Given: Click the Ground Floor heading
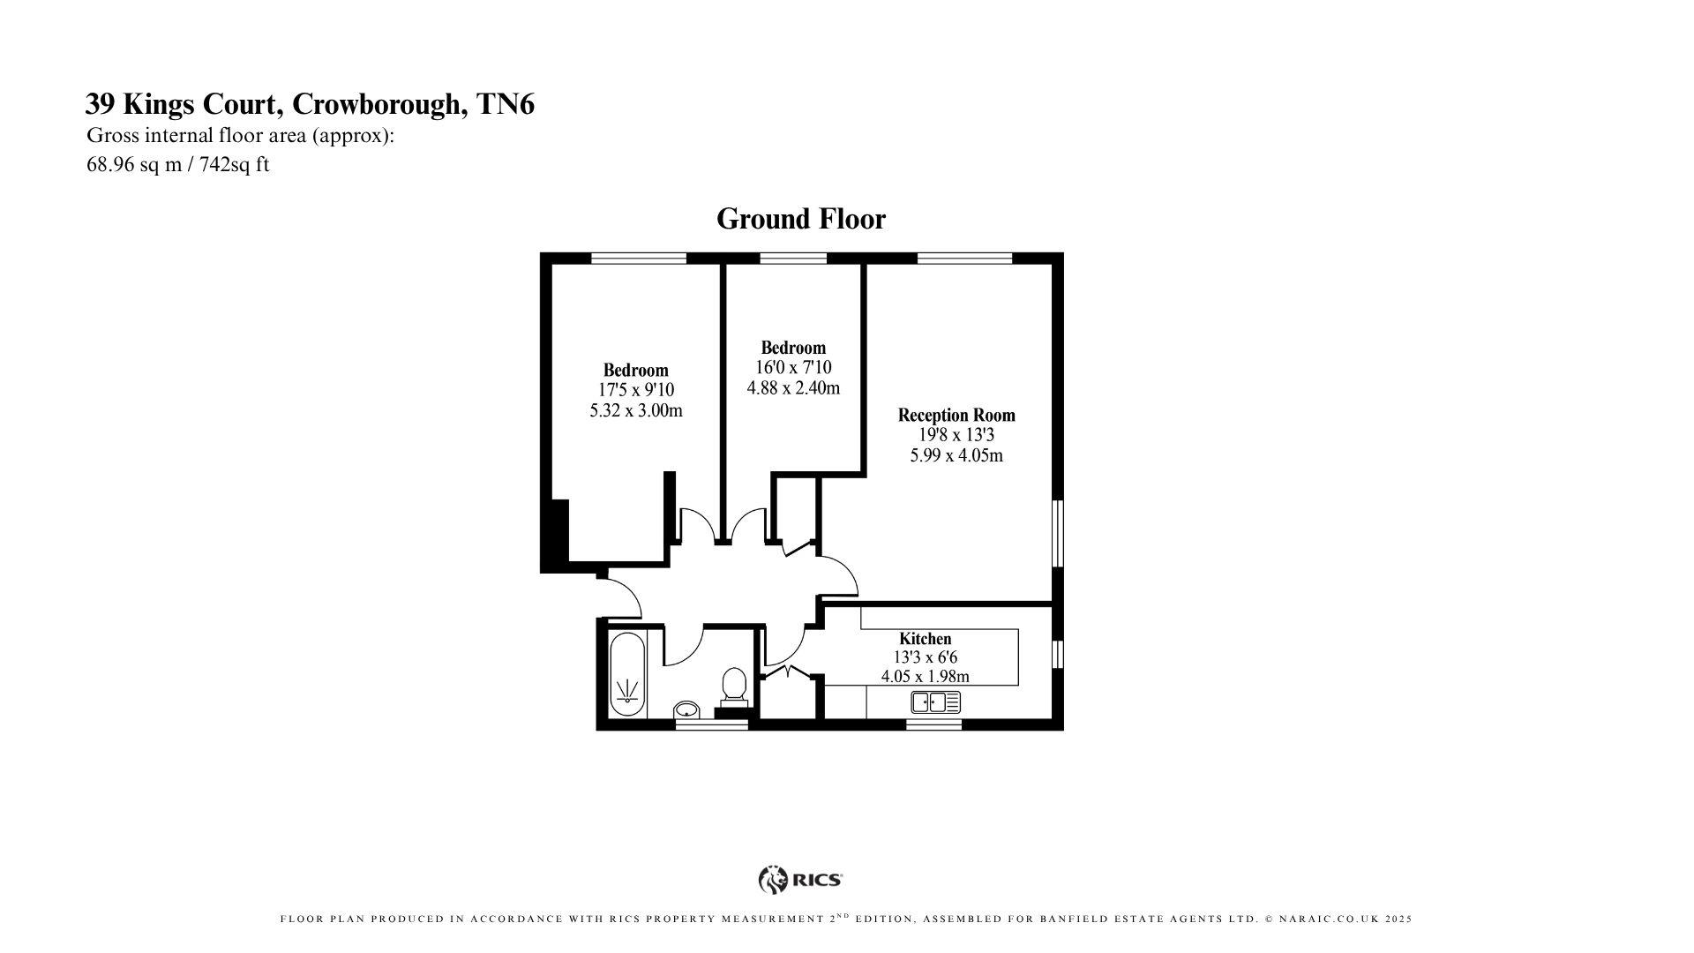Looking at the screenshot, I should pos(800,219).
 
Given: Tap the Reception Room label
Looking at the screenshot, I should pos(956,415).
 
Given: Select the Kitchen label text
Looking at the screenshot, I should pos(925,638).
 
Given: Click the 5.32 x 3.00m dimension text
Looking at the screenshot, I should pos(635,410).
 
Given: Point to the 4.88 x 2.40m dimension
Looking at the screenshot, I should pos(793,387).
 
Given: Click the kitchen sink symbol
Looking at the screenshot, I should pos(935,702).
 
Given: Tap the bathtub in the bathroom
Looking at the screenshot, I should pos(628,674).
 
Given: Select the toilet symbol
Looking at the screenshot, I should pos(734,687).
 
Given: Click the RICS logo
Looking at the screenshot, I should pos(800,879).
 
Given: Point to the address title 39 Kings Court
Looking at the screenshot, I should pos(309,104).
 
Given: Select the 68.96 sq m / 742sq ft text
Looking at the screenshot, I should pos(177,164).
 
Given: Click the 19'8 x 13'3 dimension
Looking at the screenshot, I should pos(956,435).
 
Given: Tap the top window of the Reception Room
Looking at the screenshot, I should pos(964,258).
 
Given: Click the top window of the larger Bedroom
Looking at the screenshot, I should pos(638,258).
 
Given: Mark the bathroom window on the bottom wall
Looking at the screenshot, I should pos(711,725).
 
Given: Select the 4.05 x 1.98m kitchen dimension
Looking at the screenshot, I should pos(925,677).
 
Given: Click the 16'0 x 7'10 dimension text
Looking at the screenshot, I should pos(793,367).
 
